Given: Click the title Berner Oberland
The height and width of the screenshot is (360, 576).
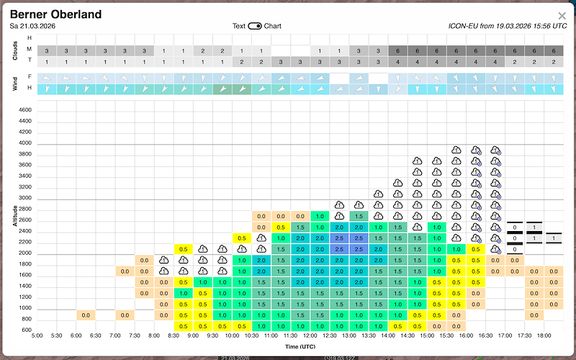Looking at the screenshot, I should click(x=55, y=14).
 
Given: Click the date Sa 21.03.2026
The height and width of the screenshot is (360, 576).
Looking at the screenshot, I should click(x=34, y=26).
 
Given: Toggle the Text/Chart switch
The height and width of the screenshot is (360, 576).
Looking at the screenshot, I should click(x=255, y=26).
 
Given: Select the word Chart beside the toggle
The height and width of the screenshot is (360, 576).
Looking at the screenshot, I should click(x=272, y=26).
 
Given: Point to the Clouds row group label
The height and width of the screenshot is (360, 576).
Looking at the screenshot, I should click(x=15, y=50).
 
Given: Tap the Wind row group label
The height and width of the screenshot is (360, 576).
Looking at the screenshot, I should click(x=15, y=82).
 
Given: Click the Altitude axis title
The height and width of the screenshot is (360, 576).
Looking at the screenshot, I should click(x=15, y=216).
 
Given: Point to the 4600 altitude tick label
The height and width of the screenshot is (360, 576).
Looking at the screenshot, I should click(x=25, y=110).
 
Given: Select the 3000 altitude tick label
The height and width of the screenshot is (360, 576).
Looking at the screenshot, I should click(x=25, y=198).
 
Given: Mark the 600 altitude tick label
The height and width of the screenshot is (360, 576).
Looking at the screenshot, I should click(x=27, y=330).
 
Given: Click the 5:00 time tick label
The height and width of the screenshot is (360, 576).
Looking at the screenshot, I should click(x=37, y=336).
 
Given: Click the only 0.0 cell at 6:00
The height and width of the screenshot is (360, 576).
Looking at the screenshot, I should click(x=86, y=315).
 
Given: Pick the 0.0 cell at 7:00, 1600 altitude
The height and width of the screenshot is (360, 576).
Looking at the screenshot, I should click(x=125, y=271).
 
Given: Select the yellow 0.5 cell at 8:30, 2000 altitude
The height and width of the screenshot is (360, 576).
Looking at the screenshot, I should click(x=183, y=249).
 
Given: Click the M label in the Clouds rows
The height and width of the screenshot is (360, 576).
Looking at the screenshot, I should click(x=30, y=49).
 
